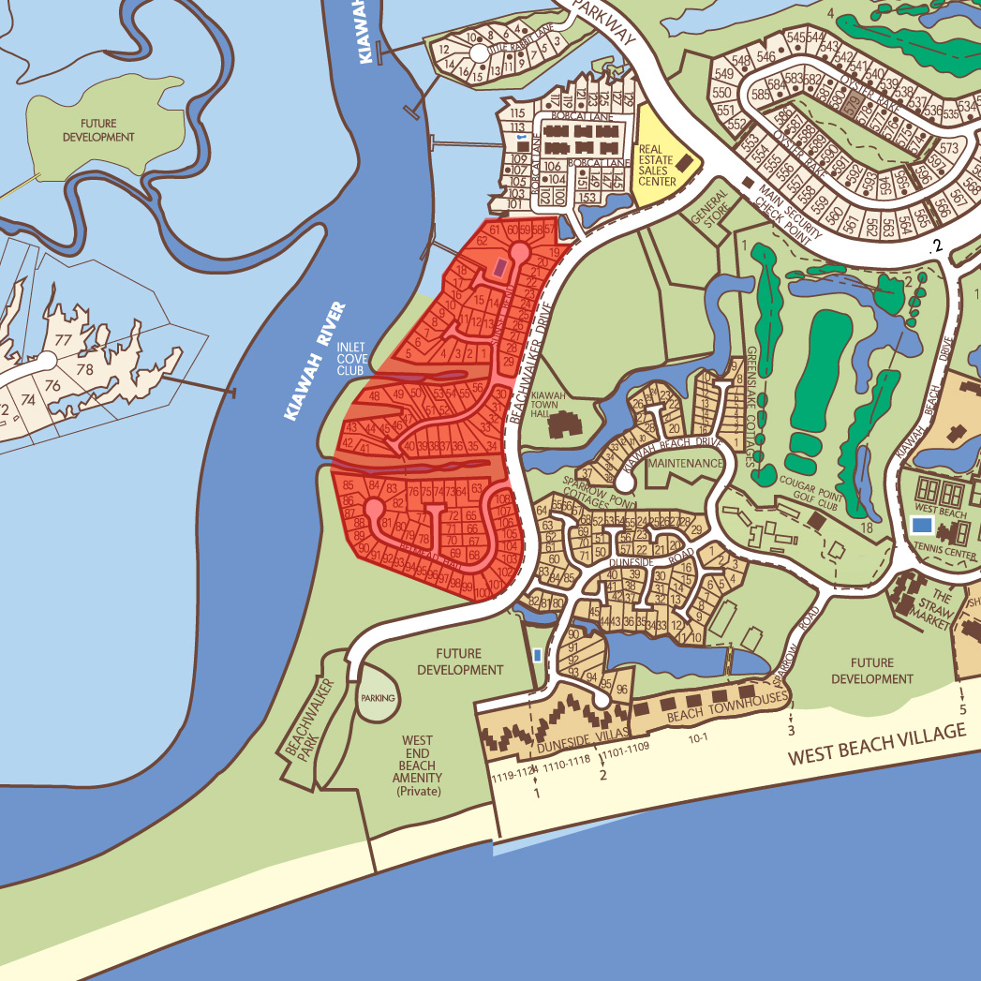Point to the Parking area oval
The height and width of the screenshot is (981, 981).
(x=379, y=698)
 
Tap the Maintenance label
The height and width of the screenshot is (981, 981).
(x=686, y=464)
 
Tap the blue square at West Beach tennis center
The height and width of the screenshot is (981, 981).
(x=921, y=525)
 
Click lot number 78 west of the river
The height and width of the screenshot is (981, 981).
(x=85, y=369)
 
